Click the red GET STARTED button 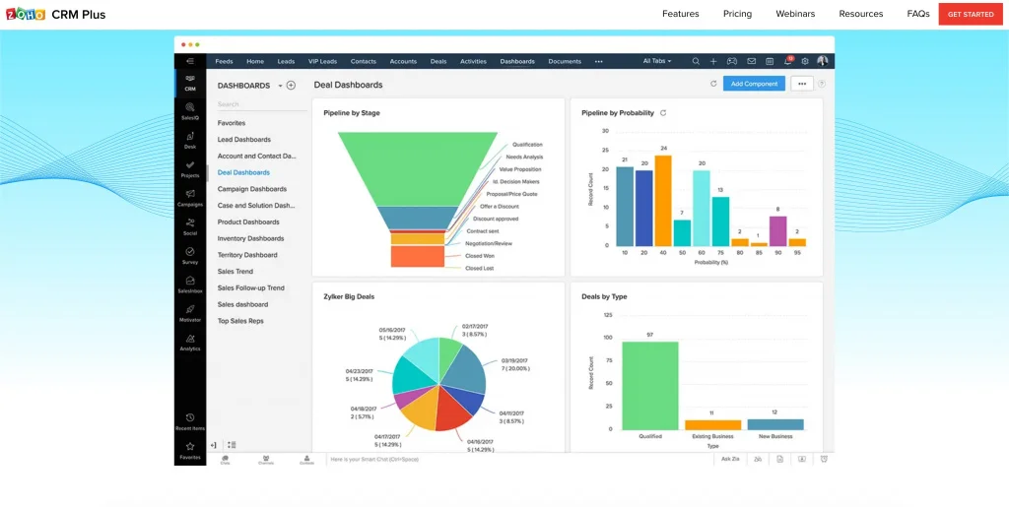971,14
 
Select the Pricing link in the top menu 737,14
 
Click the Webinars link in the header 795,14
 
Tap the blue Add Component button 754,84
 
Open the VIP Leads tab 322,61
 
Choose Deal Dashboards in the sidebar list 243,172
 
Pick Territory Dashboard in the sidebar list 247,255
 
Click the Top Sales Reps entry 240,321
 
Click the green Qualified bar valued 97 649,385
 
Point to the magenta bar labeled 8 777,230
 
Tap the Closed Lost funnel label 480,268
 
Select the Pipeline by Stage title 352,113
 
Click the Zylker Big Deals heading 349,296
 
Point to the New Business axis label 774,436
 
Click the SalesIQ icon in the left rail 189,110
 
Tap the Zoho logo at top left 26,14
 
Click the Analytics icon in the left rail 189,341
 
